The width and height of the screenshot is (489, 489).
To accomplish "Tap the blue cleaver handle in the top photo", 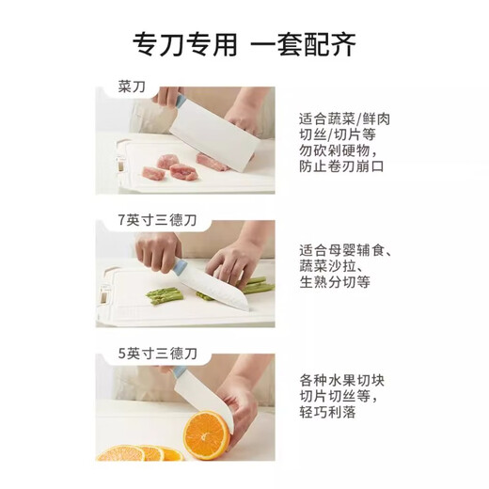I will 169,98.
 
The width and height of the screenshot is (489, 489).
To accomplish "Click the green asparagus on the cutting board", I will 166,294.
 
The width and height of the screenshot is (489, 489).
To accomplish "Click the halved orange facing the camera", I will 204,436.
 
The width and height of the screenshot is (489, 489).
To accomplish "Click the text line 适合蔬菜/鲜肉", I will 344,119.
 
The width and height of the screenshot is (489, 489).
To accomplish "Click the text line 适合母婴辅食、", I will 346,251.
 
